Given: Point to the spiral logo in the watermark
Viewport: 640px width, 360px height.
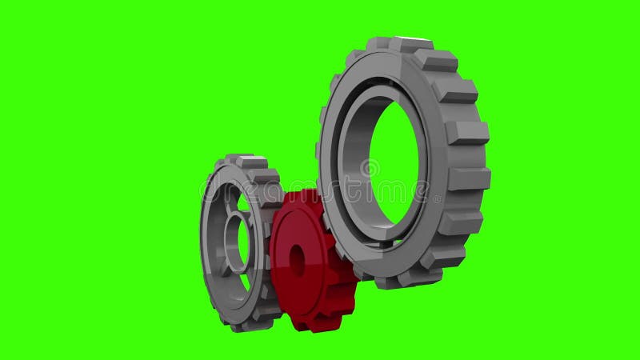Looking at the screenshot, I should [370, 169].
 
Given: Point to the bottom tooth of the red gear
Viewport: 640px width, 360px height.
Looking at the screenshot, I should [308, 324].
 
